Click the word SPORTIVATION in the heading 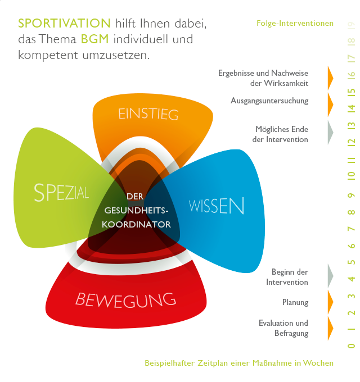tap(64, 24)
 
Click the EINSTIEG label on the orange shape tap(148, 114)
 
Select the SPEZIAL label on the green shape tap(61, 193)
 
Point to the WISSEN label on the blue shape tap(217, 206)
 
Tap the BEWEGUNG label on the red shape tap(125, 299)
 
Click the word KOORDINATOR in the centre tap(137, 224)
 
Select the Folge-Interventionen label tap(295, 24)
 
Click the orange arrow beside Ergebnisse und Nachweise tap(330, 78)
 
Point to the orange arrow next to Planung tap(330, 302)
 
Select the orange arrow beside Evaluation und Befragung tap(330, 328)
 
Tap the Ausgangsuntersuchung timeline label tap(269, 101)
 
